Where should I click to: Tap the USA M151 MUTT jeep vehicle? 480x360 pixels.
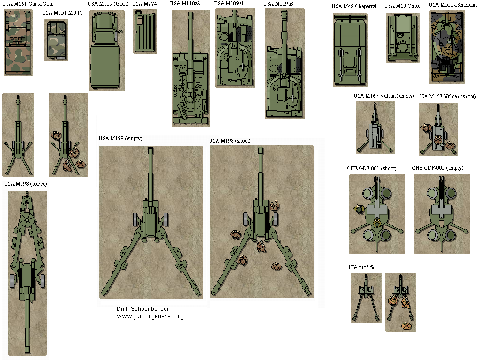pos(56,40)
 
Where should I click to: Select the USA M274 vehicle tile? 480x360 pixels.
pos(145,31)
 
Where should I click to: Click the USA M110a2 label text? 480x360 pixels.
pos(185,4)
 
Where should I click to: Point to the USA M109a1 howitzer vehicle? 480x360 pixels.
pos(235,48)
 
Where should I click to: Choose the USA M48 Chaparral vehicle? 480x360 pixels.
pos(350,50)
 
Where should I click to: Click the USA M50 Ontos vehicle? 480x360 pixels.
pos(403,38)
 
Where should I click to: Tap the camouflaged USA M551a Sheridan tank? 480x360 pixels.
pos(447,47)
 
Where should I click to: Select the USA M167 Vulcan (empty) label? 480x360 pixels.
pos(383,96)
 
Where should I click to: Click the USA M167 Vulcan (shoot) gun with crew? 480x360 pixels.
pos(438,129)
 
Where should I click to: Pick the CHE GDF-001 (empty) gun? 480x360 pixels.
pos(442,214)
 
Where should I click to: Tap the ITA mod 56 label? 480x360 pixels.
pos(362,267)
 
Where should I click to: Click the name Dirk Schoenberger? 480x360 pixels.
pos(143,309)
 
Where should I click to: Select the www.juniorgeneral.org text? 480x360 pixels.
pos(150,316)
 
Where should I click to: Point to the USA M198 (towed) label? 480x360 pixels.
pos(25,184)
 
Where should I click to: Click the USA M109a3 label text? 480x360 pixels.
pos(278,4)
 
